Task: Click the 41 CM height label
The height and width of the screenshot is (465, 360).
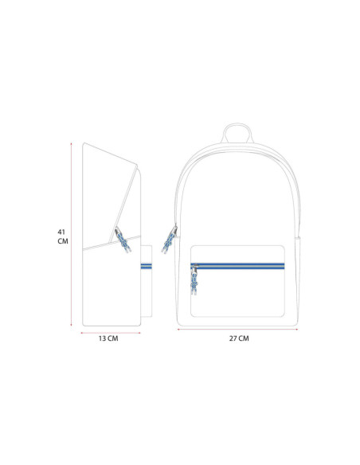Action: (63, 236)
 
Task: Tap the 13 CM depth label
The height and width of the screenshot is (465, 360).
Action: (108, 338)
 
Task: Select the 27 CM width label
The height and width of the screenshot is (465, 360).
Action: (239, 338)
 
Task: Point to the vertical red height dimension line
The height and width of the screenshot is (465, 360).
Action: (71, 234)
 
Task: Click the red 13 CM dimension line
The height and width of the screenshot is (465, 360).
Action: (111, 333)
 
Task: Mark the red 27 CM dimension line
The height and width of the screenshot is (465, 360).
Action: (237, 329)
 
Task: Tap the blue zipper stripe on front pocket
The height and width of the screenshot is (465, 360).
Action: (237, 266)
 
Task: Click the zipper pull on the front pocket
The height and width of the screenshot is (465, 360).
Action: (194, 279)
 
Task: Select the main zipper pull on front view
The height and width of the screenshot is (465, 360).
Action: (170, 239)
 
